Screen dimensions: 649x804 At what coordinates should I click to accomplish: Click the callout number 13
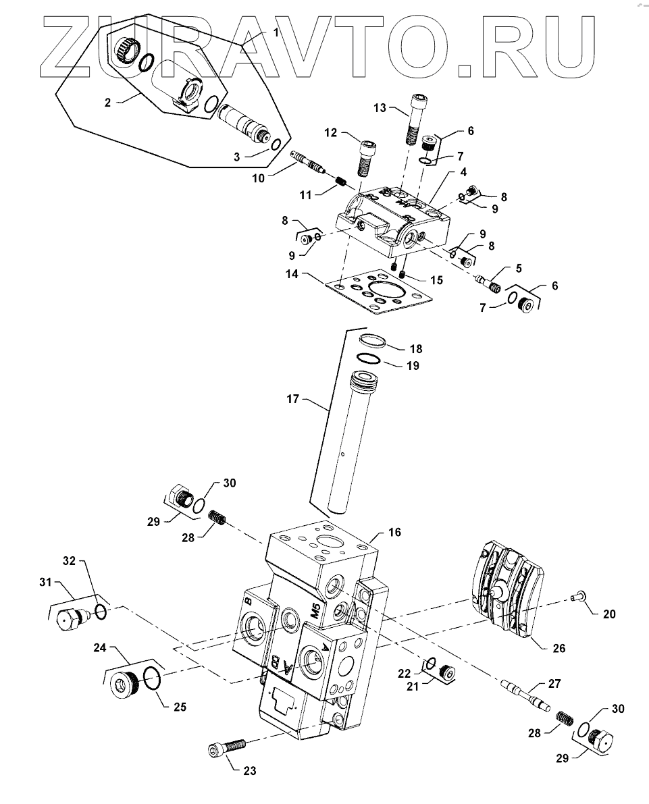point(380,108)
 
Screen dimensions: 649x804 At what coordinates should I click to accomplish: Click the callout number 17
point(292,398)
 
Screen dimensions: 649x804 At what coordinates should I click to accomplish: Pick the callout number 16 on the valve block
point(394,532)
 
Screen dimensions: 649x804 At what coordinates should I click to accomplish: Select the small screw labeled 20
point(575,596)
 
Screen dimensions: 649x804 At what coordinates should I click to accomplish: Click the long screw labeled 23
point(228,747)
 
